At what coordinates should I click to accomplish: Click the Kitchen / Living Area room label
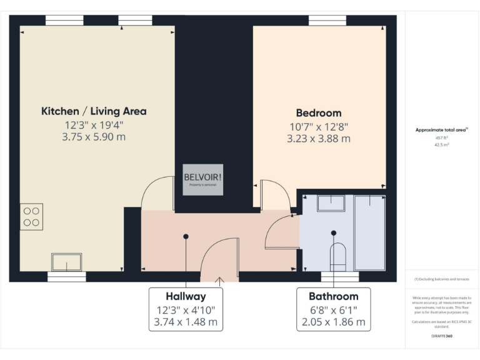[x=94, y=111]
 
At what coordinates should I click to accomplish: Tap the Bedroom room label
[x=318, y=113]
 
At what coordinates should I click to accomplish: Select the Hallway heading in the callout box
[x=186, y=296]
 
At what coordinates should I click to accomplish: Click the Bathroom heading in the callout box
[x=333, y=296]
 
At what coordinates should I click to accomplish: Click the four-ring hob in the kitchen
[x=31, y=216]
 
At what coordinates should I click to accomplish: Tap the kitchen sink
[x=66, y=261]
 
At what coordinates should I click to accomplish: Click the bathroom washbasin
[x=330, y=203]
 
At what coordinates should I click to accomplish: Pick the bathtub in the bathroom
[x=369, y=232]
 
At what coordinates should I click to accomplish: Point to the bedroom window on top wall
[x=327, y=20]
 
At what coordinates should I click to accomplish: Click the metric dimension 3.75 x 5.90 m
[x=94, y=137]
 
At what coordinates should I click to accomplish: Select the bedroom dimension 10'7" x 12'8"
[x=318, y=126]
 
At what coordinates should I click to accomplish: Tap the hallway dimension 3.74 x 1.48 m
[x=186, y=322]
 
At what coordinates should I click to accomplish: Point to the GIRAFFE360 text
[x=441, y=336]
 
